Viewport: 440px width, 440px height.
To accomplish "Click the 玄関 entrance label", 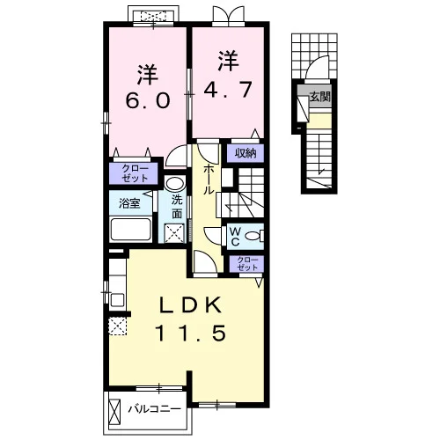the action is point(320,96).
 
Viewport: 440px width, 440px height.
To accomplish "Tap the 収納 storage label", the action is point(246,153).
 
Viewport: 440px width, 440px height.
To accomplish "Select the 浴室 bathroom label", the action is point(129,203).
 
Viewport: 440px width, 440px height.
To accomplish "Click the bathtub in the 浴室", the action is point(131,230).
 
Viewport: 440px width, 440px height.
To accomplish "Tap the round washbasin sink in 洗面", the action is point(174,184).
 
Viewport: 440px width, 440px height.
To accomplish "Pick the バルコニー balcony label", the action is point(154,409).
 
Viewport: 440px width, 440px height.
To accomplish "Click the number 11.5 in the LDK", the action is point(191,334).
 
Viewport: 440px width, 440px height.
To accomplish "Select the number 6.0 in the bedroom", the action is point(148,100).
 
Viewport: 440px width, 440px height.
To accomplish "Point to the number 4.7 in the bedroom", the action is point(228,89).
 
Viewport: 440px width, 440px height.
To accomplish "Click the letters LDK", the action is point(190,305).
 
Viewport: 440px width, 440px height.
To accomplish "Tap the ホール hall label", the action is point(209,180).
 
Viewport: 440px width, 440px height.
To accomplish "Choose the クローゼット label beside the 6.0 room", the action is point(136,173).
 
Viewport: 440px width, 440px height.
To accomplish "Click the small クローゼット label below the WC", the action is point(247,264).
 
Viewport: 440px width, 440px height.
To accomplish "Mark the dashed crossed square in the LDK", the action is point(118,326).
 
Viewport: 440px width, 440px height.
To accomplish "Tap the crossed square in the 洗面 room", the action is point(174,233).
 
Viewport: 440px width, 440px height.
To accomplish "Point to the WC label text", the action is point(235,237).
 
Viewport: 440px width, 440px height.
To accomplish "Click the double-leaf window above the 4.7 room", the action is point(228,15).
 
